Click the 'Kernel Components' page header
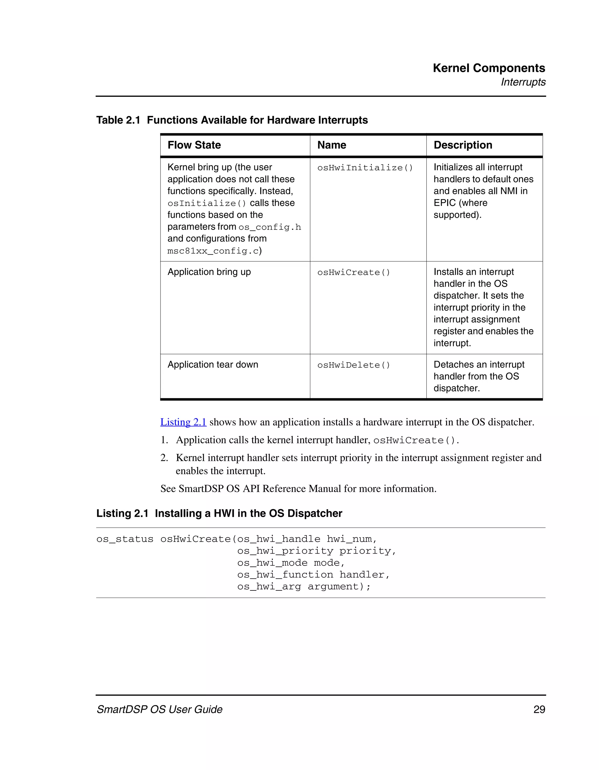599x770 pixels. [489, 68]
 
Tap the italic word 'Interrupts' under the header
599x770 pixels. [523, 82]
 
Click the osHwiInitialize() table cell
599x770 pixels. [365, 168]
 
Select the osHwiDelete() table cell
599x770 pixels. [354, 365]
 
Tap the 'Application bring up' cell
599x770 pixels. [209, 272]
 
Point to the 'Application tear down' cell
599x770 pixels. [213, 365]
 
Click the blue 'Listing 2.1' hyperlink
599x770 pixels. [183, 422]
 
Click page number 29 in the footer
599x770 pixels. [539, 709]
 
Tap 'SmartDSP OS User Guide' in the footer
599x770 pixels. [159, 709]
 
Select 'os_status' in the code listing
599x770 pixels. [125, 539]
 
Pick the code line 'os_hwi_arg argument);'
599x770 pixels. [304, 587]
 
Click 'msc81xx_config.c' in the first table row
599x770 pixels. [213, 251]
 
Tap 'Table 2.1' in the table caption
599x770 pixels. [118, 120]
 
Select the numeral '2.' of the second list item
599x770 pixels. [164, 458]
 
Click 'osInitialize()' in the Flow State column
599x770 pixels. [206, 204]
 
